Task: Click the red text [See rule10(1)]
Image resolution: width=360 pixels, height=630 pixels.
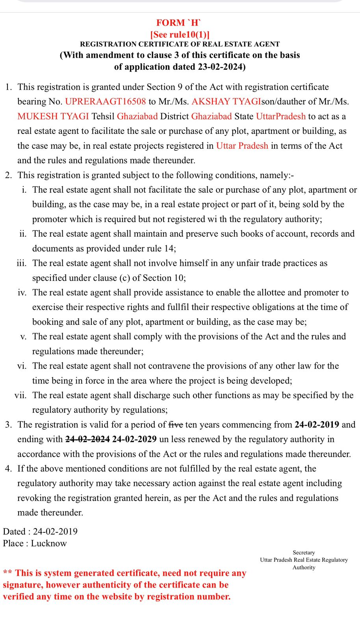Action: click(x=180, y=35)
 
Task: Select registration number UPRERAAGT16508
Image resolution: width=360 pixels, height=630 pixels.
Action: click(x=105, y=102)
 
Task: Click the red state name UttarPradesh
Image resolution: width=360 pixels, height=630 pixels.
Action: click(x=280, y=116)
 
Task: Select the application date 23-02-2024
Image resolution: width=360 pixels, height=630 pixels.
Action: click(x=220, y=67)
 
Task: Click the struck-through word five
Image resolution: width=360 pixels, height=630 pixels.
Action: click(x=176, y=424)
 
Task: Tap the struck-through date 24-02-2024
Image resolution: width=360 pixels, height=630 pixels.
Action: click(x=87, y=439)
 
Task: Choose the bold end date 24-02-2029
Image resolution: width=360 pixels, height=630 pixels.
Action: click(x=134, y=439)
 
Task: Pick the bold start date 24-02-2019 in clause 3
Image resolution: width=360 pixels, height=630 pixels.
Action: click(x=317, y=424)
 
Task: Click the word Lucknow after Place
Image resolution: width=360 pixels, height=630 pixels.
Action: click(x=49, y=543)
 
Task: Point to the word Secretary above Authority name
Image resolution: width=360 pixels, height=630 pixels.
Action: click(x=304, y=552)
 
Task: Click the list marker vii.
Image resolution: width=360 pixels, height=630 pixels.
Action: click(x=20, y=395)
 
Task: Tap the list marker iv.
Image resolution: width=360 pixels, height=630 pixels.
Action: click(x=22, y=293)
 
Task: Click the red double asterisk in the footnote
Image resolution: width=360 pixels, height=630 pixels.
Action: click(x=7, y=573)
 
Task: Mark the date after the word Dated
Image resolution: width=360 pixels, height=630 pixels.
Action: click(x=55, y=532)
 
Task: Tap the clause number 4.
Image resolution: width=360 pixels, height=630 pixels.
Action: click(x=8, y=469)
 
